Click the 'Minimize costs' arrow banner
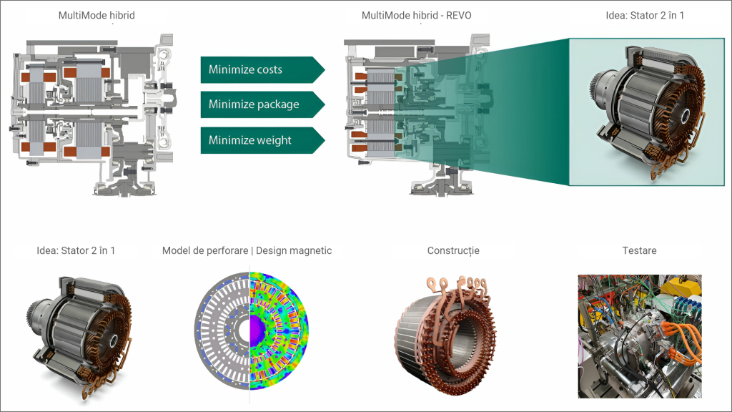point(257,69)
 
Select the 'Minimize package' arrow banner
point(257,104)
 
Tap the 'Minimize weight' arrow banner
point(257,139)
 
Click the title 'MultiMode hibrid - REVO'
point(416,16)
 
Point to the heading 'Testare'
point(639,251)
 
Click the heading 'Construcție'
point(453,251)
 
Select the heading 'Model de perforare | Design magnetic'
point(247,251)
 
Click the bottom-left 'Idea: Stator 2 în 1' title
point(76,251)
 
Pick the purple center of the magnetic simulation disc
point(255,330)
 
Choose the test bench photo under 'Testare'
point(639,336)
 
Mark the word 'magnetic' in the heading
point(310,251)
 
